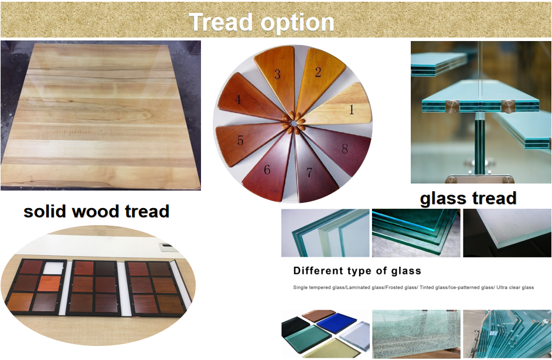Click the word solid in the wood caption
click(50, 211)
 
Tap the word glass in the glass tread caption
click(443, 198)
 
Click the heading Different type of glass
click(357, 271)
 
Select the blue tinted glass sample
click(336, 323)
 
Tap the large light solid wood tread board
click(100, 114)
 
